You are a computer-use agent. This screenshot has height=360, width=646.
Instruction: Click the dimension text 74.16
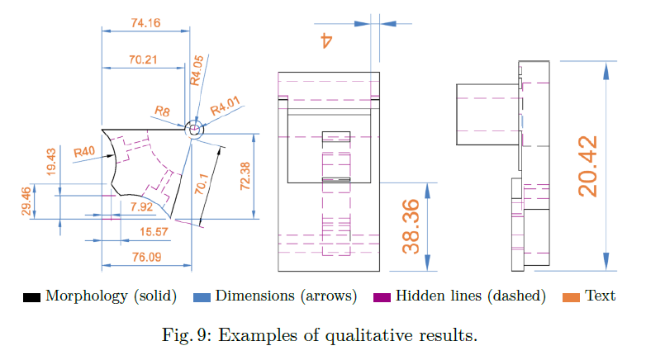tap(145, 22)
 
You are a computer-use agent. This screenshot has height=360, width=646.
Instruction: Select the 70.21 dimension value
tap(143, 59)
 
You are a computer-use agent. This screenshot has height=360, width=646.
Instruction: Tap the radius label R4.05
tap(197, 70)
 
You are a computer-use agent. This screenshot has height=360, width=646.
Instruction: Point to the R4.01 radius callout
tap(225, 106)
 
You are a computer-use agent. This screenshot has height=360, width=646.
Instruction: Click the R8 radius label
tap(162, 111)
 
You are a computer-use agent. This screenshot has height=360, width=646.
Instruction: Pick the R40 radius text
tap(84, 152)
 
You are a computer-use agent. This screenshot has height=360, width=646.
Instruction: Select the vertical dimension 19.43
tap(50, 162)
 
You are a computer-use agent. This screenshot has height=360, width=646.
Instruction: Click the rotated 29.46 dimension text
tap(26, 201)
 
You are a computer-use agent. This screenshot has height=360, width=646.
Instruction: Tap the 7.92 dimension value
tap(141, 206)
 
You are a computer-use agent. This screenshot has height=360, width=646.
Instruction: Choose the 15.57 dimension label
tap(154, 232)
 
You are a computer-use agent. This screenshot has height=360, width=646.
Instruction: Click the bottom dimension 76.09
tap(147, 257)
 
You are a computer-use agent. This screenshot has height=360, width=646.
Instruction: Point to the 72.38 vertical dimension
tap(245, 176)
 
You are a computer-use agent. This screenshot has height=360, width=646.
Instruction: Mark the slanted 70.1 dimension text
tap(202, 183)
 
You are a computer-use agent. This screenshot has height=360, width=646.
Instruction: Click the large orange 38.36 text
tap(411, 226)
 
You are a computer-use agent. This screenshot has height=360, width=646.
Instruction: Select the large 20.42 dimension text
tap(587, 166)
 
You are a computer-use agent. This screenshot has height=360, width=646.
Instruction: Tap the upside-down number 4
tap(326, 40)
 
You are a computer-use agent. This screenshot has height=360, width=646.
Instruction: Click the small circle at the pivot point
tap(194, 130)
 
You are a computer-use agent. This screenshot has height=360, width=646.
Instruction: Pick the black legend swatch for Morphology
tap(31, 297)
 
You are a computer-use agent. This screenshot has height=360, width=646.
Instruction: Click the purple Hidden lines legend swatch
tap(382, 297)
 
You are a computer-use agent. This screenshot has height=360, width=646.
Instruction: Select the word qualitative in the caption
tap(368, 336)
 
